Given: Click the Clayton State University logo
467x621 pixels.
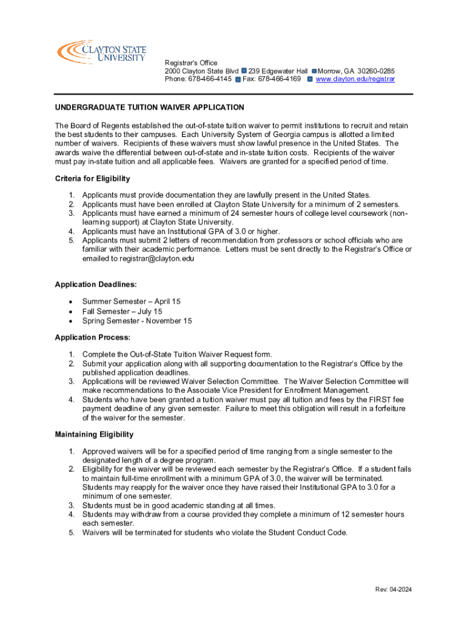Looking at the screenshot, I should click(101, 52).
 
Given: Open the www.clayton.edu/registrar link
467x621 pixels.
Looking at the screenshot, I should click(355, 79).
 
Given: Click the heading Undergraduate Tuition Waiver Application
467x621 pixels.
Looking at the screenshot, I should click(149, 107).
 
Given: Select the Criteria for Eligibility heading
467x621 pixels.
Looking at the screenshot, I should click(92, 179).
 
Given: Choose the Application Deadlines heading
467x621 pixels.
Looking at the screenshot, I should click(95, 284).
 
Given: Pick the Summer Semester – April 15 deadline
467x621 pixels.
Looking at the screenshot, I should click(131, 301).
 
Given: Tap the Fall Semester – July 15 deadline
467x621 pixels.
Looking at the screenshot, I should click(122, 311).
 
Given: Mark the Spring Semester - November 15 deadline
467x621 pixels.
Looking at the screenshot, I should click(137, 321).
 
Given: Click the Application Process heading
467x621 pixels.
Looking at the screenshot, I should click(93, 337).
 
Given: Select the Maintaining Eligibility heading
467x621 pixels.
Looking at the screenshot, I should click(94, 434).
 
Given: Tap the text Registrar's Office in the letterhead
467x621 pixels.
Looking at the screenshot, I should click(191, 63).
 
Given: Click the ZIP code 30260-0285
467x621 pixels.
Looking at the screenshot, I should click(376, 71).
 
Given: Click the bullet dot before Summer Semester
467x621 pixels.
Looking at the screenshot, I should click(72, 301).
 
